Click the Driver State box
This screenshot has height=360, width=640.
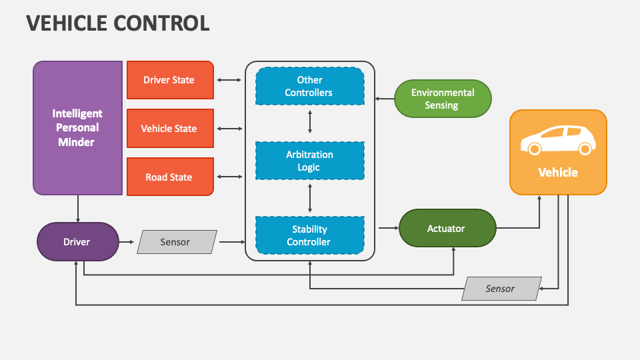pyautogui.click(x=170, y=80)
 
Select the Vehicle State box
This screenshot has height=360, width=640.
pyautogui.click(x=170, y=129)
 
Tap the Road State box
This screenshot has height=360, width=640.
pyautogui.click(x=170, y=177)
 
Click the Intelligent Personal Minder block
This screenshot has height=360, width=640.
pyautogui.click(x=78, y=128)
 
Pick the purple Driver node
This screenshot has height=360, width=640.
pyautogui.click(x=77, y=241)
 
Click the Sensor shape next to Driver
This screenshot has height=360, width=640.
pyautogui.click(x=177, y=242)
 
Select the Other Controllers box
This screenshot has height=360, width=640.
pyautogui.click(x=310, y=86)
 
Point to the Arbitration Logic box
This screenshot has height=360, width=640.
pyautogui.click(x=310, y=161)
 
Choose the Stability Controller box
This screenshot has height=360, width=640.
pyautogui.click(x=310, y=235)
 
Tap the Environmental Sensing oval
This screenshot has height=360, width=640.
pyautogui.click(x=443, y=99)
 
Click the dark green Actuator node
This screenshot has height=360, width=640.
pyautogui.click(x=447, y=229)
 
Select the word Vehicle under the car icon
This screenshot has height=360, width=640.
pyautogui.click(x=558, y=172)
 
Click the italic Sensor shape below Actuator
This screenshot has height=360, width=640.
pyautogui.click(x=501, y=289)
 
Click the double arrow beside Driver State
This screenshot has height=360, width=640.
pyautogui.click(x=229, y=80)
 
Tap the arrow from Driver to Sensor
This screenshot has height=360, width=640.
pyautogui.click(x=127, y=241)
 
